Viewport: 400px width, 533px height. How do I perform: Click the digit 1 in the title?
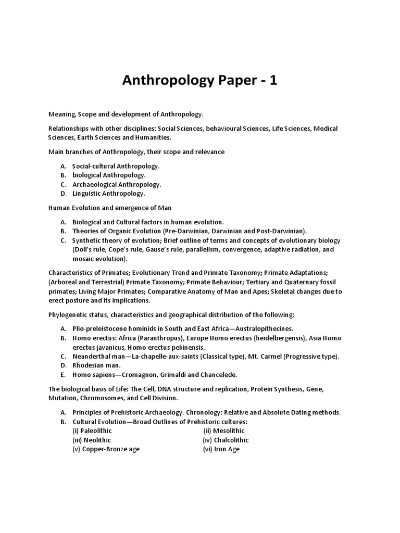[x=272, y=81]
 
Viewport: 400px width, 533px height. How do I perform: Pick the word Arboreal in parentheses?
[x=65, y=282]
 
